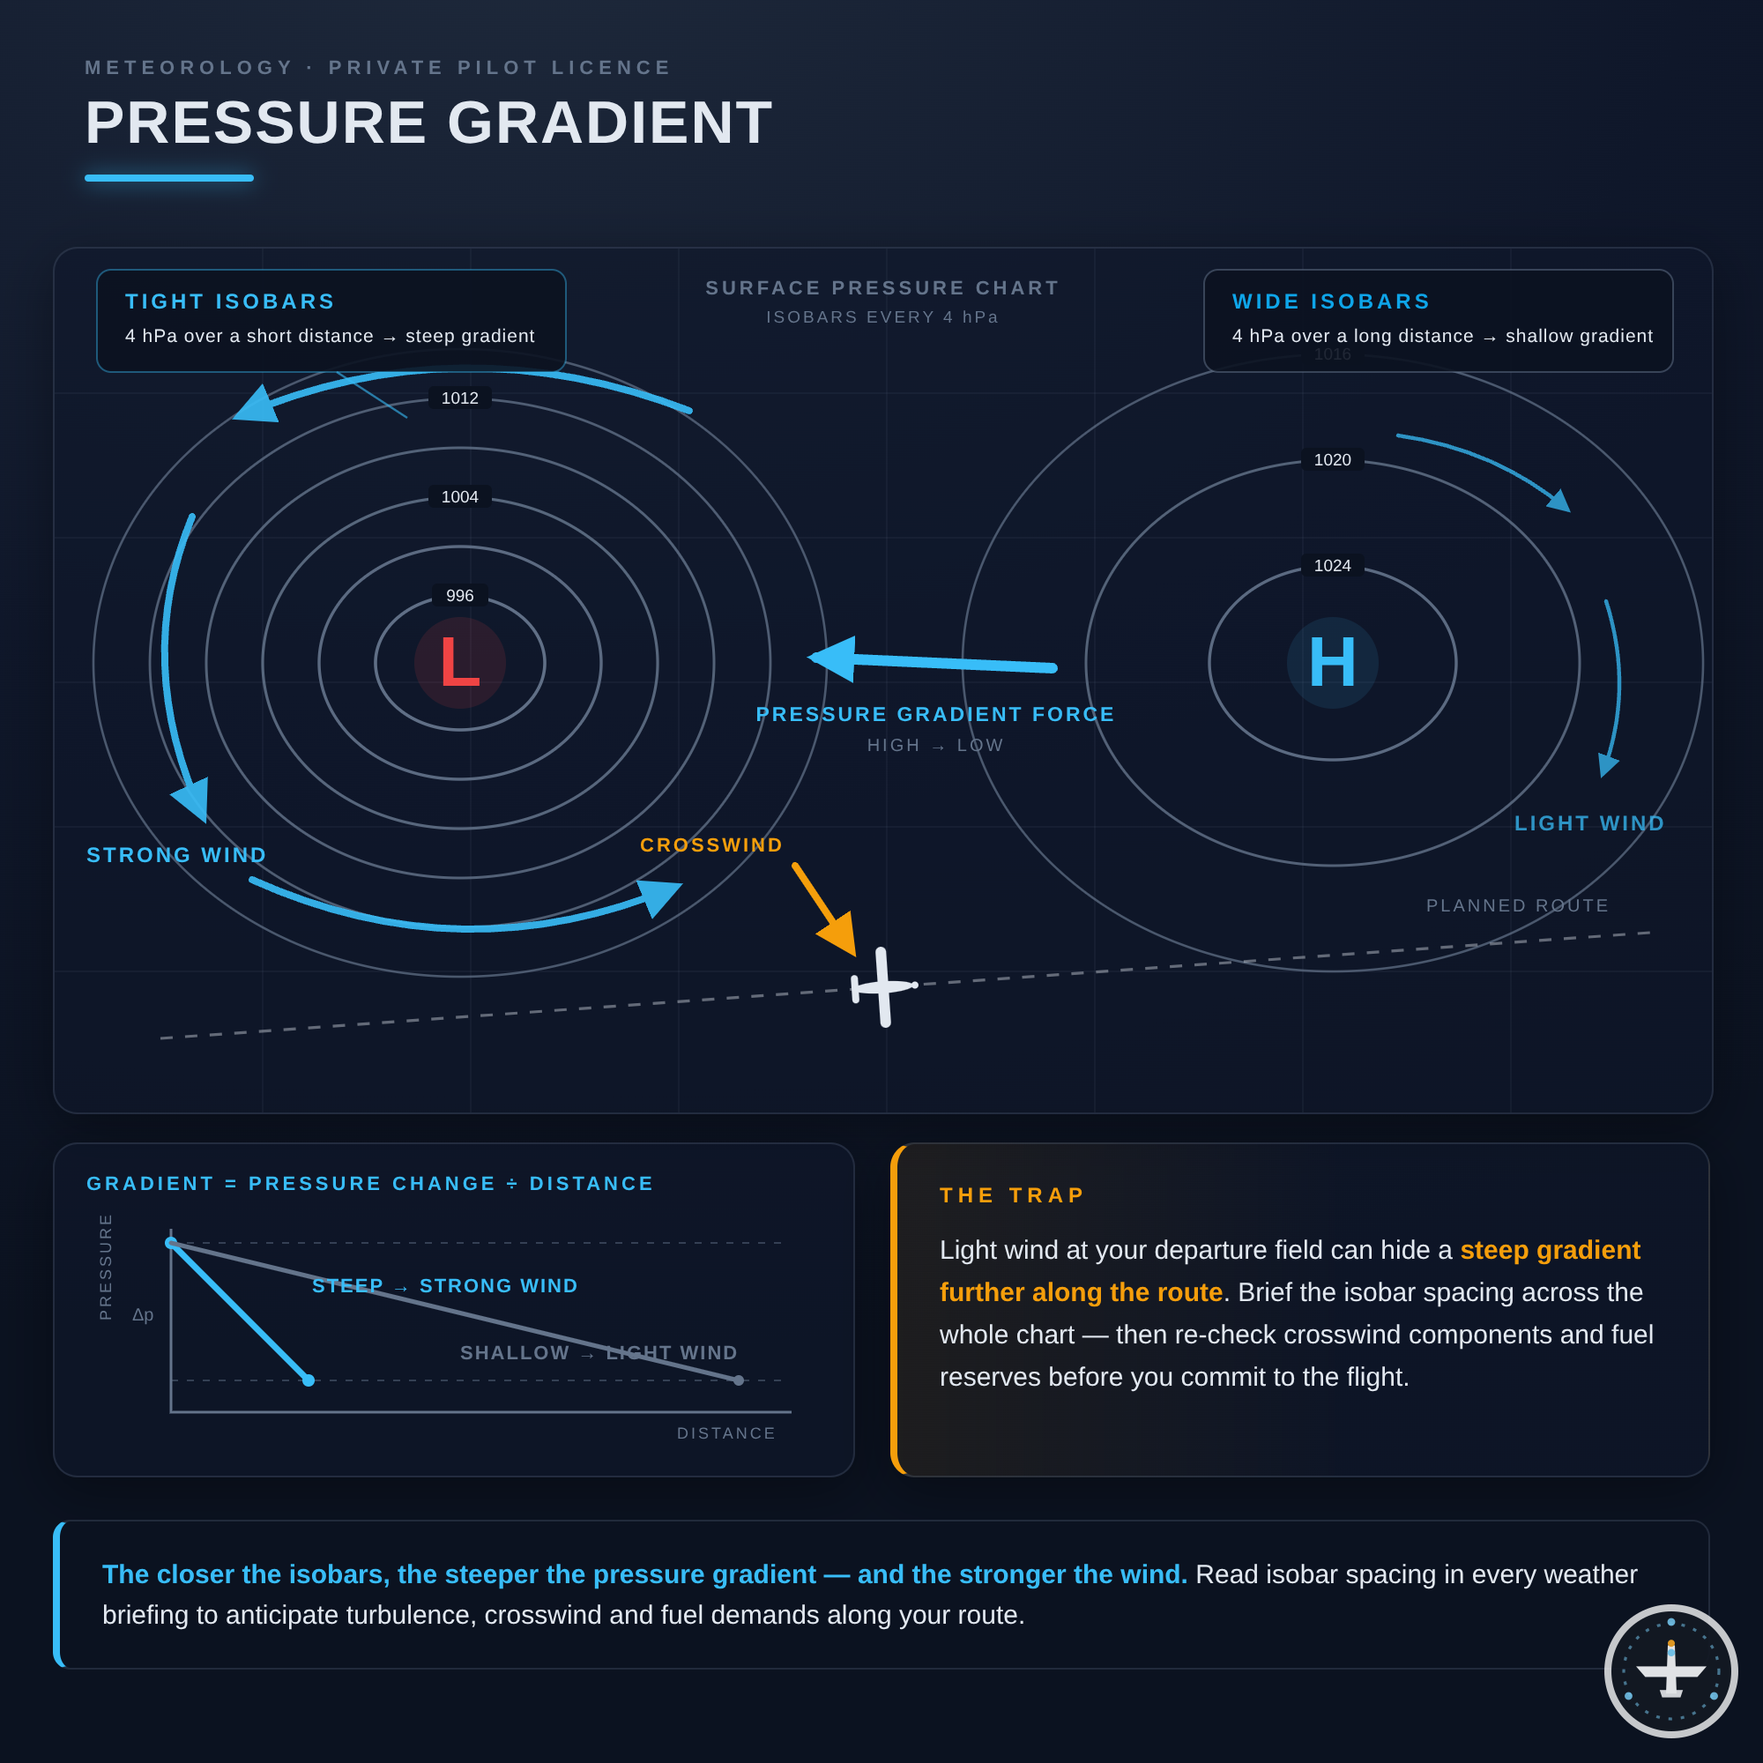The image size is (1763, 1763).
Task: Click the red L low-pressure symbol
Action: pos(460,663)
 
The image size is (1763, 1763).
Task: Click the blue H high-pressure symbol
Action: pos(1332,663)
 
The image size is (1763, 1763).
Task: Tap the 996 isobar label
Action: pos(460,596)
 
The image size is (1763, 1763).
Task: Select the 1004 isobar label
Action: pos(460,497)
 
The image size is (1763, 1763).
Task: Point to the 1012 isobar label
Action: pos(460,398)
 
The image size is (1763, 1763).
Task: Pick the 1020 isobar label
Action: pos(1332,460)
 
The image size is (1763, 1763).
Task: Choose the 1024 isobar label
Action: pos(1332,566)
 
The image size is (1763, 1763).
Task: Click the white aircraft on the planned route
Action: pos(883,986)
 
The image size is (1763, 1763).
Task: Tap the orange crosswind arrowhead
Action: pos(838,934)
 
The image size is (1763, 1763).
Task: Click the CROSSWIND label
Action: pos(711,845)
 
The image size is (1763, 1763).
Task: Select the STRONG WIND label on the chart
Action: pos(177,855)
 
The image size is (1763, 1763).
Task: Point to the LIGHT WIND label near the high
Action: pos(1589,823)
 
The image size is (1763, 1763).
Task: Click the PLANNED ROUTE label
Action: pos(1518,905)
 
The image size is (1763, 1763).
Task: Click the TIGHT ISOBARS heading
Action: pos(230,301)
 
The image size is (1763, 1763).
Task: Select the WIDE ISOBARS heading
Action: pos(1331,301)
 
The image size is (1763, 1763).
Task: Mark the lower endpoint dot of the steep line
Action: pos(309,1380)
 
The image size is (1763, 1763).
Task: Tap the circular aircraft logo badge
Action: pos(1670,1670)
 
